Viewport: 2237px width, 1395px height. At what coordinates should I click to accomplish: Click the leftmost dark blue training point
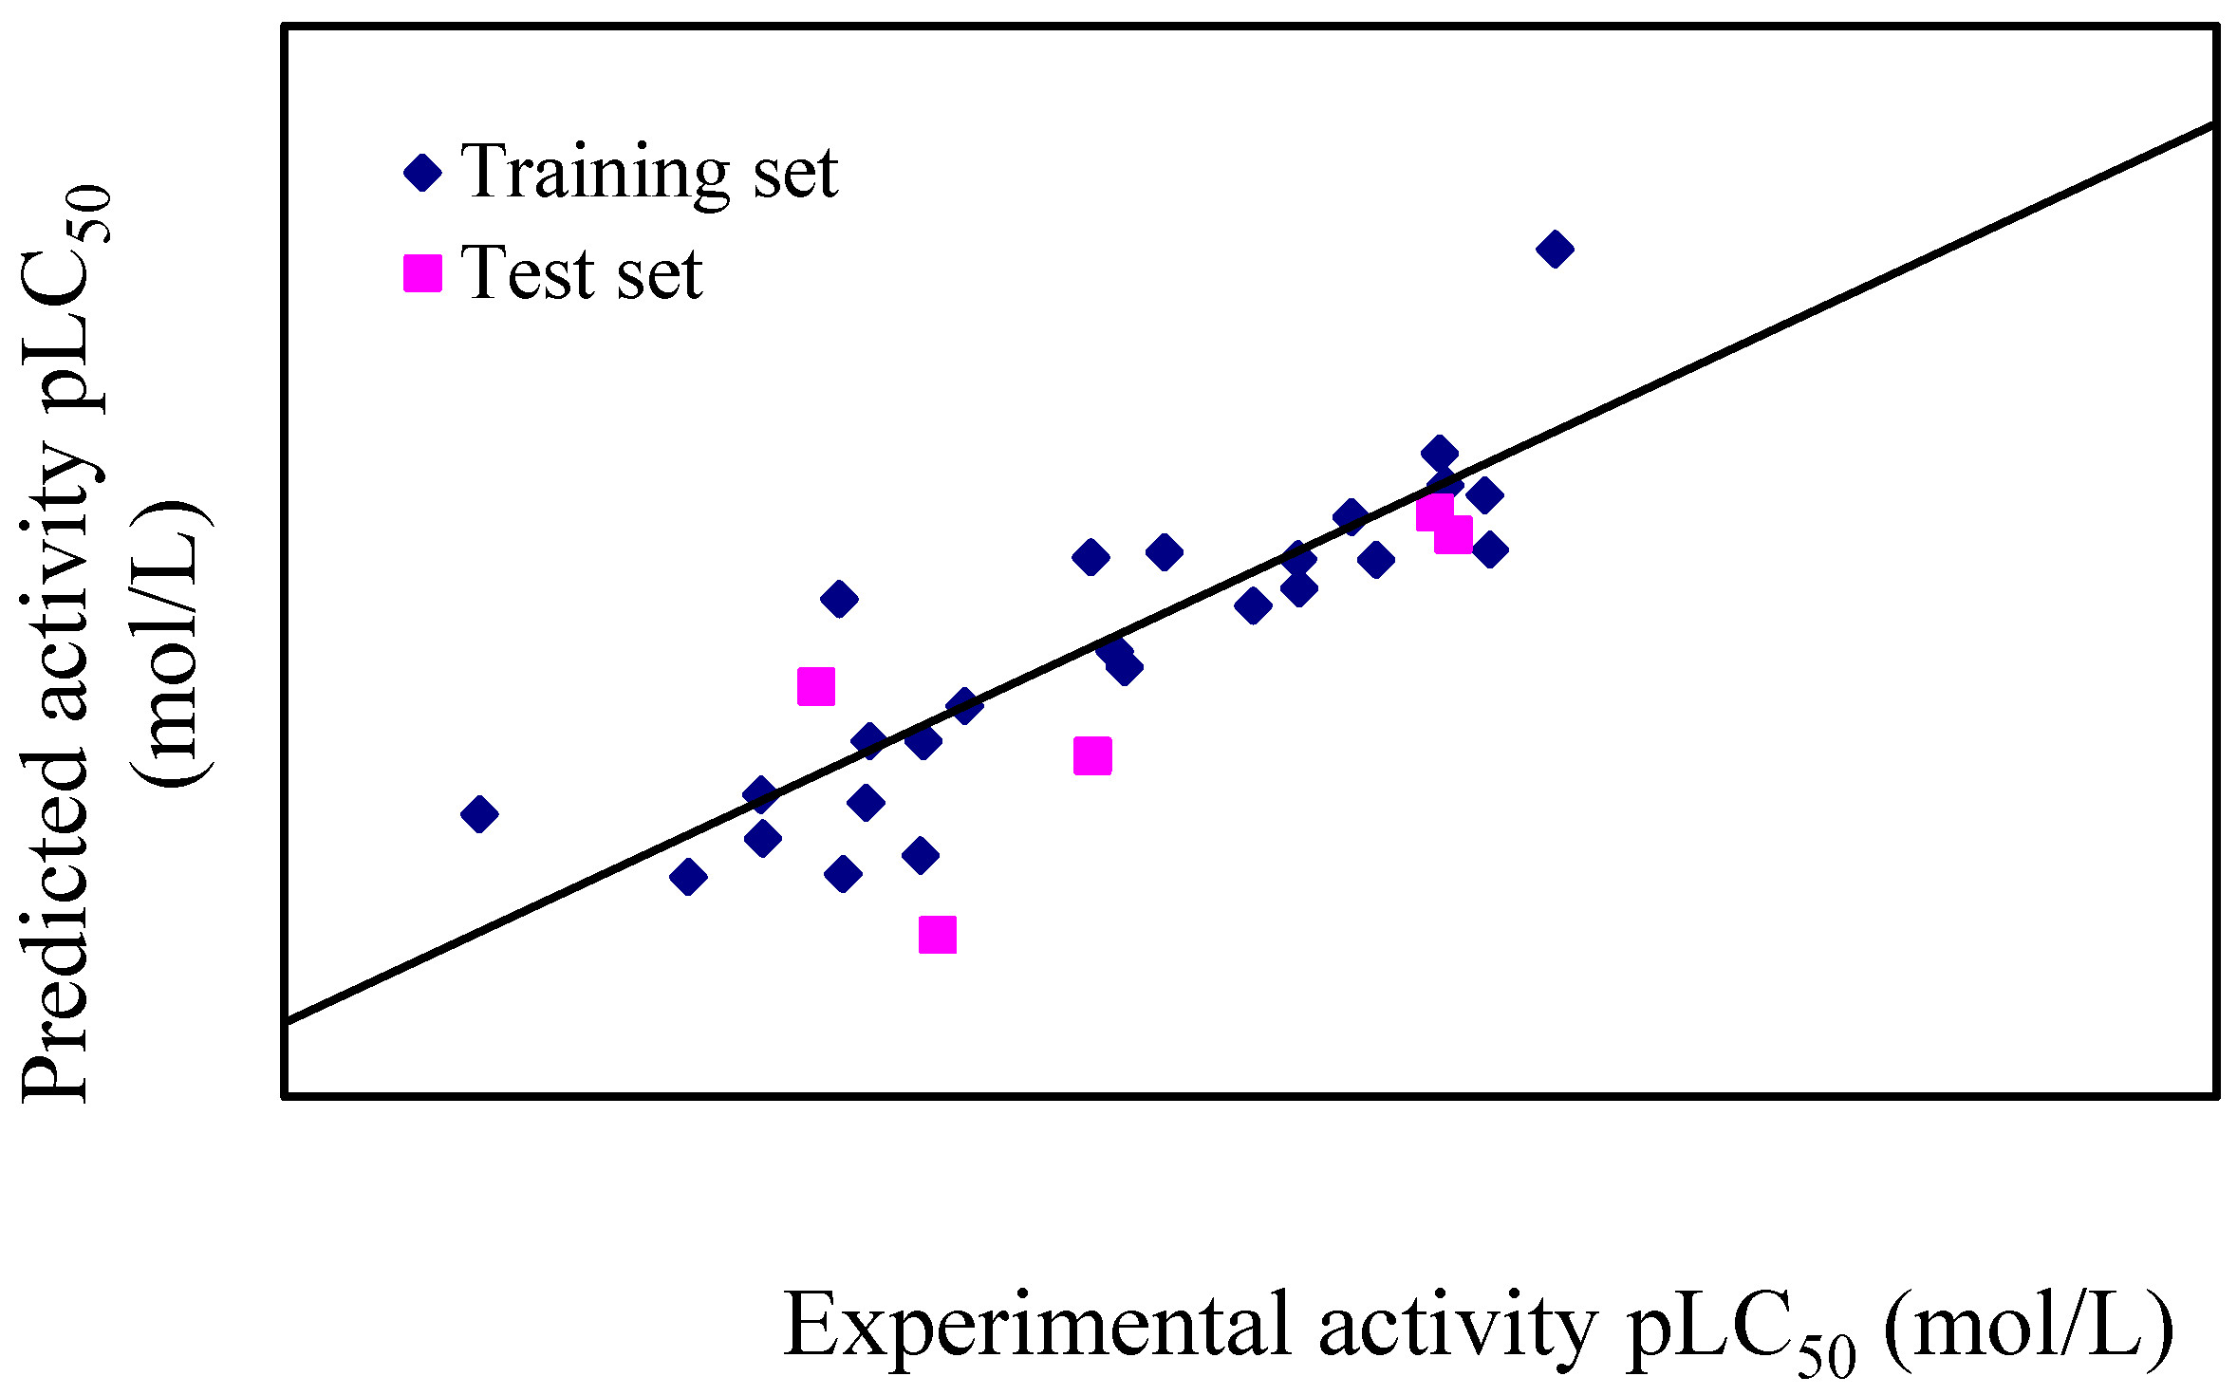coord(479,813)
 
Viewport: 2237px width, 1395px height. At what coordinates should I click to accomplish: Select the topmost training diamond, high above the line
coord(1555,249)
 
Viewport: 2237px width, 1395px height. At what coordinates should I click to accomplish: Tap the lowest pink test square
coord(938,935)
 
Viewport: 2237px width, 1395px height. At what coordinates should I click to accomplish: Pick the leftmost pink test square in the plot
coord(816,686)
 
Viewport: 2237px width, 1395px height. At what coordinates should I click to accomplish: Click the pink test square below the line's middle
coord(1092,756)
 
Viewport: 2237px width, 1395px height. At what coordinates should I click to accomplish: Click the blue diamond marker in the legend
coord(423,173)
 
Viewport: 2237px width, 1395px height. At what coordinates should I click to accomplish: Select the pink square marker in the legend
coord(423,273)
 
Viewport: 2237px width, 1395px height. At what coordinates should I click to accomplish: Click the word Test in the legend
coord(528,273)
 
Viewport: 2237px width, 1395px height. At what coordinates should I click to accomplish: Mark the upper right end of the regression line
coord(2213,125)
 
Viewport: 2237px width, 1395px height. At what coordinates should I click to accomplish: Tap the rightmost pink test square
coord(1454,534)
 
